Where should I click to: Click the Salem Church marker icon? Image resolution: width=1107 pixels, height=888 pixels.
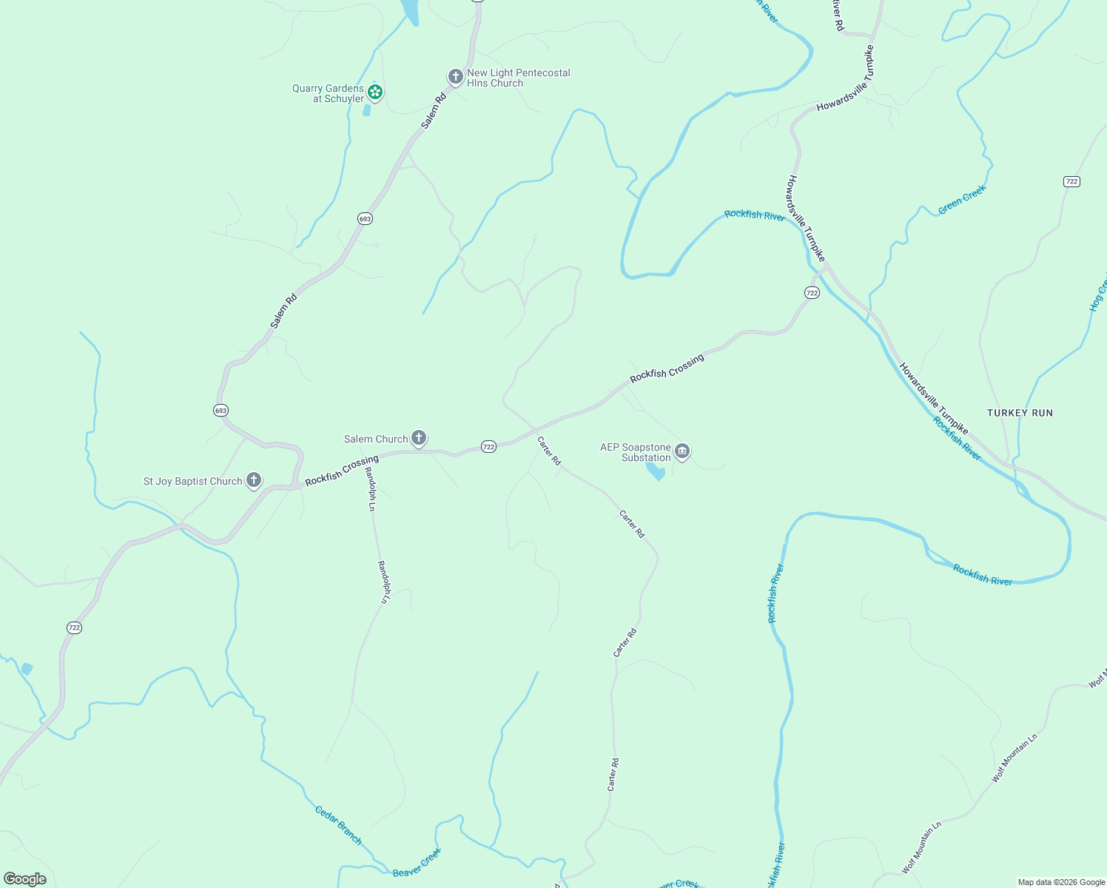click(x=419, y=438)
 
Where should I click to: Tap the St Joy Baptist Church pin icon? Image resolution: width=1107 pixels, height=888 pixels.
click(x=254, y=480)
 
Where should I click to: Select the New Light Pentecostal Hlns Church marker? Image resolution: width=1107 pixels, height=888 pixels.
click(x=455, y=76)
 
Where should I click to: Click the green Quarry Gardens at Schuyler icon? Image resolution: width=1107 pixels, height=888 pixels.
click(x=375, y=92)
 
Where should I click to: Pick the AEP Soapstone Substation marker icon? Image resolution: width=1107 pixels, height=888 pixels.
click(x=682, y=451)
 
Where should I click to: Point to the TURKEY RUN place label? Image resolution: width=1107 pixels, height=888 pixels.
click(x=1020, y=413)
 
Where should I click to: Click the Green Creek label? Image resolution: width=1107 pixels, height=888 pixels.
click(x=962, y=200)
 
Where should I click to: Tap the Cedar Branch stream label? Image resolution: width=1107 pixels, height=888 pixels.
click(x=338, y=824)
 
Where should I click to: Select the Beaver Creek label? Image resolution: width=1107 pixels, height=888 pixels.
click(x=417, y=863)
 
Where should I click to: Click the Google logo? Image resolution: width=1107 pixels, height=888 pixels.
click(x=25, y=879)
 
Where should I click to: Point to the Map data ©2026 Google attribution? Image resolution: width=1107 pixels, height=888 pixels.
click(x=1061, y=882)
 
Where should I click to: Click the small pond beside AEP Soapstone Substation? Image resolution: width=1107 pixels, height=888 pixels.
click(x=656, y=471)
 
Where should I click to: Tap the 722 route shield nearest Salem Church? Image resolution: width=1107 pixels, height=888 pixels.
click(x=488, y=447)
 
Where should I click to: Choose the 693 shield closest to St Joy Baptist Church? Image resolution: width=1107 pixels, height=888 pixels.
click(x=221, y=410)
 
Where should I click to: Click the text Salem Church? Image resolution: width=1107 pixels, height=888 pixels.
click(x=376, y=439)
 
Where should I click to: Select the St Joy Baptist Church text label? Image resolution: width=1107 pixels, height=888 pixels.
click(x=192, y=481)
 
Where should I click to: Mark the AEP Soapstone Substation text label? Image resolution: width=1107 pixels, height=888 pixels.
click(x=636, y=452)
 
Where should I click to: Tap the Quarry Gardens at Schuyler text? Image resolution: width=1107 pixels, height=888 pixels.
click(x=329, y=93)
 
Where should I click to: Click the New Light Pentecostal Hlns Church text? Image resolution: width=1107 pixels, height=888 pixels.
click(x=518, y=78)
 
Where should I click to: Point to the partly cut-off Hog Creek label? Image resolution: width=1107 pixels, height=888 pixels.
click(x=1098, y=292)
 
